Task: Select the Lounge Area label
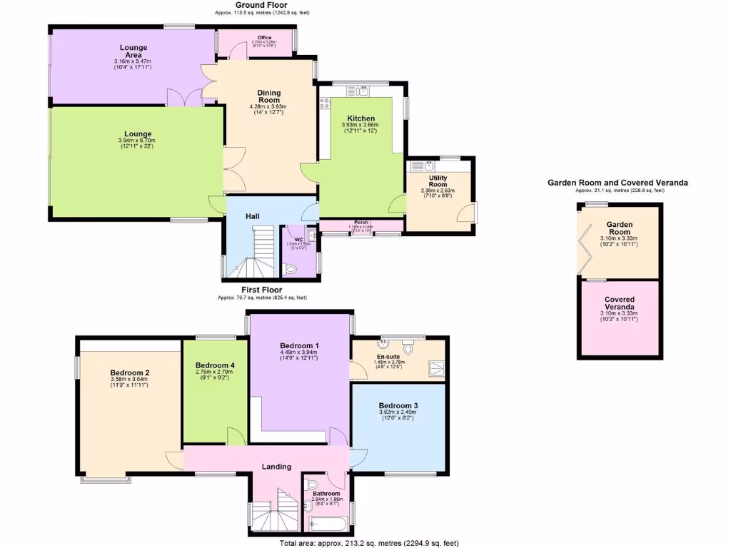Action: (133, 51)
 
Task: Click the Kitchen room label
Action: (361, 118)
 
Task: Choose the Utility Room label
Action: (438, 181)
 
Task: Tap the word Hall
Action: (253, 216)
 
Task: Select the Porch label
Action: (361, 223)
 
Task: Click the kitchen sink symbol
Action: (363, 90)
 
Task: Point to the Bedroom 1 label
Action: (299, 345)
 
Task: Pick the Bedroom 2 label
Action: (129, 372)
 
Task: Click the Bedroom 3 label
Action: (398, 405)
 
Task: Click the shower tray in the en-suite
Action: (434, 368)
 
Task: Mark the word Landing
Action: (276, 467)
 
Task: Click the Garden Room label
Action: (619, 228)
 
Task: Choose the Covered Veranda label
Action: (619, 303)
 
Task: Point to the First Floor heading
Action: (262, 290)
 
